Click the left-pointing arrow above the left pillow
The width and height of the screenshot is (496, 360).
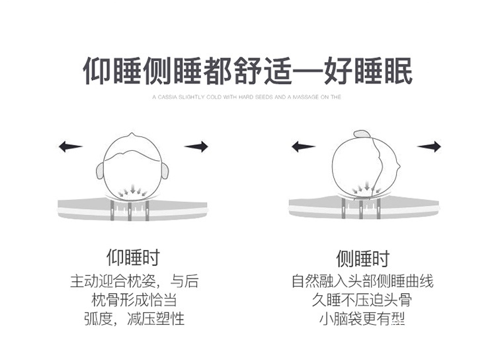click(x=70, y=146)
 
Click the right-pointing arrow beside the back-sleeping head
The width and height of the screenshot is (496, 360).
click(x=196, y=146)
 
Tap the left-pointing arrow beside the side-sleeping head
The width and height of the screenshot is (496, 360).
click(x=304, y=146)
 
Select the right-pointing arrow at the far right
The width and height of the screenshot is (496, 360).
click(x=429, y=146)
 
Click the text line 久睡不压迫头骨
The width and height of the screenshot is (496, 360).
click(x=362, y=300)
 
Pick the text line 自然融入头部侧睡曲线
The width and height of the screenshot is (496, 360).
click(x=362, y=281)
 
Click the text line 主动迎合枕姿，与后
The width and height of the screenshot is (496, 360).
click(x=134, y=281)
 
